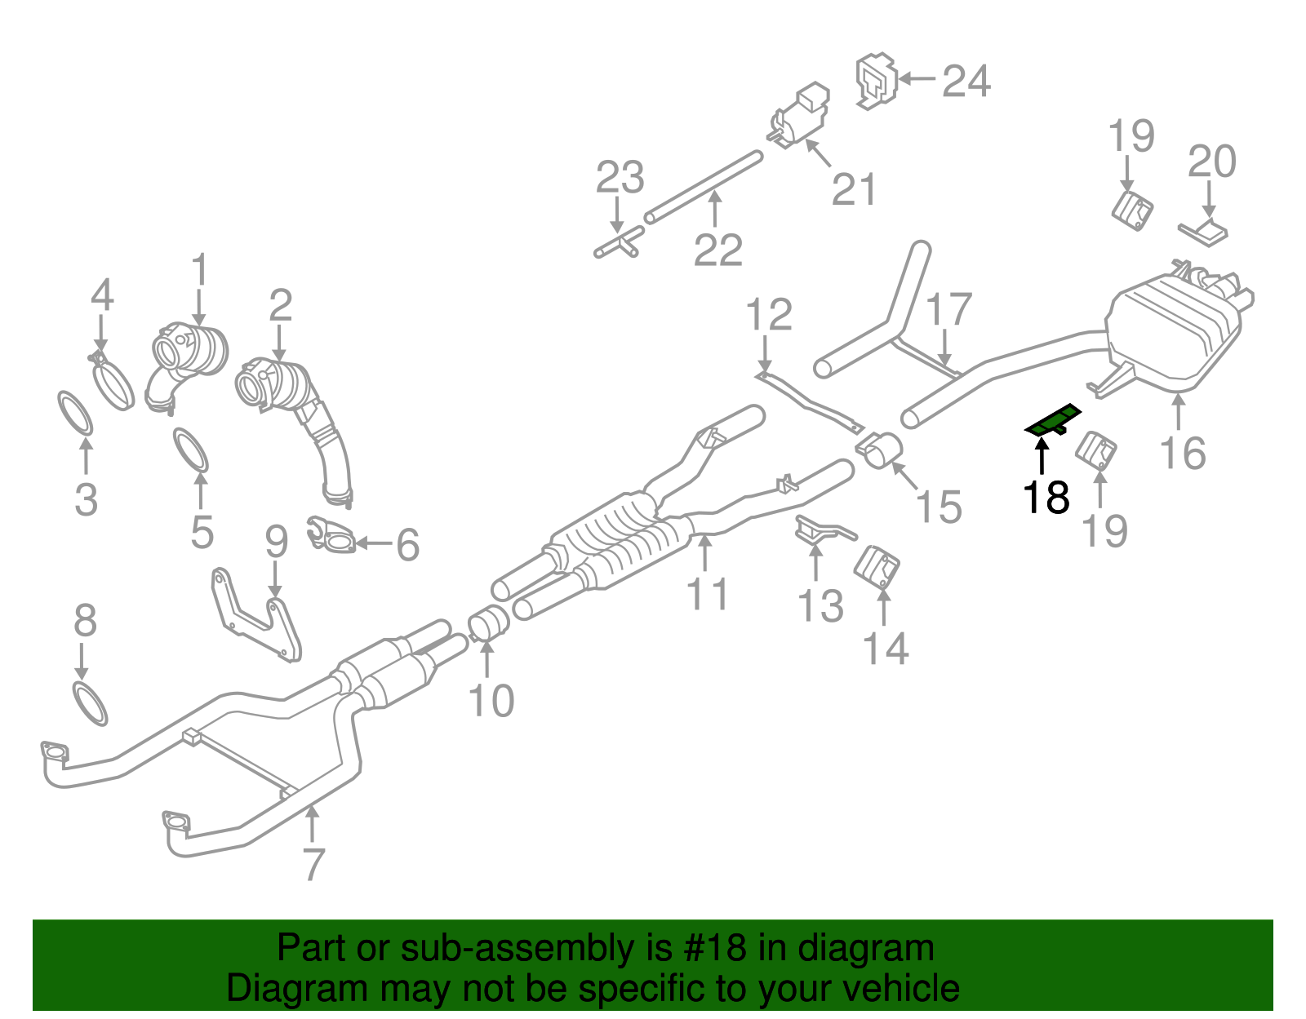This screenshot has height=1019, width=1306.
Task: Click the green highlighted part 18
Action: click(1053, 422)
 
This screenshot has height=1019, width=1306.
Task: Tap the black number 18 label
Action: click(1046, 497)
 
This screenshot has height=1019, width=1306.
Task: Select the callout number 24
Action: click(966, 81)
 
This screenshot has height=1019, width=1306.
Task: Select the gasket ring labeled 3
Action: click(75, 413)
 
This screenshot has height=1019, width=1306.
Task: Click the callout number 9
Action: click(277, 541)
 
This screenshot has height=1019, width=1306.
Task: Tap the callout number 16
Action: click(1183, 453)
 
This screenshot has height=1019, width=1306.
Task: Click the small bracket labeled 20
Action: click(1204, 232)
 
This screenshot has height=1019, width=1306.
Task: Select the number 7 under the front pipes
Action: click(313, 864)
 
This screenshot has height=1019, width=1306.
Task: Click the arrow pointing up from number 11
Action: click(706, 552)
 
